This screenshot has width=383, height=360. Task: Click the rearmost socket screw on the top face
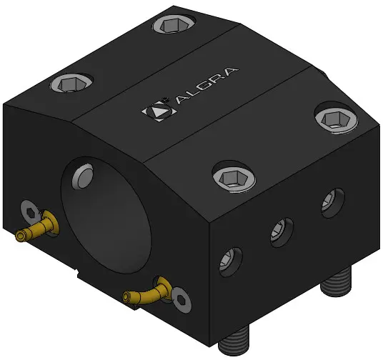[174, 24]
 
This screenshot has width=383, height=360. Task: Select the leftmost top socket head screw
[71, 84]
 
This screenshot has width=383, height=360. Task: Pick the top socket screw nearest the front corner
[234, 177]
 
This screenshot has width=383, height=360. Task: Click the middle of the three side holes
[282, 233]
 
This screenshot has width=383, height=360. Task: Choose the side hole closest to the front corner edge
[231, 262]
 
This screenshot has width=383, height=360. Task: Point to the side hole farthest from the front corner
[332, 203]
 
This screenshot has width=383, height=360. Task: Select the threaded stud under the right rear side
[336, 281]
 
